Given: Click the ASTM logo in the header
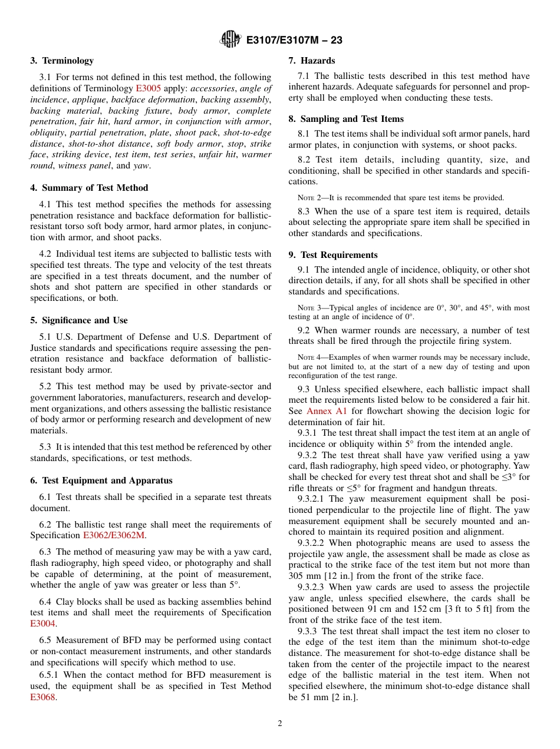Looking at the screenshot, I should tap(230, 39).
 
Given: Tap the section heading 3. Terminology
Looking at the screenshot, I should tap(62, 61).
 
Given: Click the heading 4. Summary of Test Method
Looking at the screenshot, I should tap(89, 188).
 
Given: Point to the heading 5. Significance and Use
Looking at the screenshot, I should tap(79, 320).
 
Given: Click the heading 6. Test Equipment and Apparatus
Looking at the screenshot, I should tap(101, 480).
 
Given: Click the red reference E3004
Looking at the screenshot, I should tap(42, 624).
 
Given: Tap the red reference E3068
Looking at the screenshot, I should tap(42, 697).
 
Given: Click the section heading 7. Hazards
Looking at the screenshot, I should tap(311, 61).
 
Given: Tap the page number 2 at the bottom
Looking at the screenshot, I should tap(280, 724).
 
